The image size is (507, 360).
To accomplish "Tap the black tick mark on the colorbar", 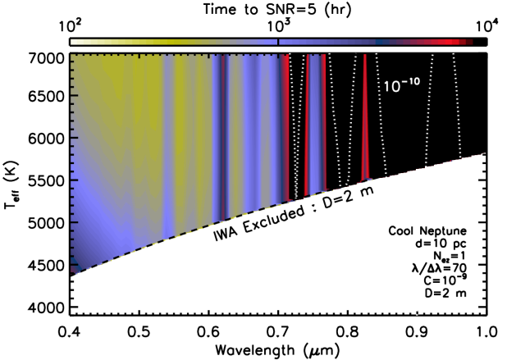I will (278, 41).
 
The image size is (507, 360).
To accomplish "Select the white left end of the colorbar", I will (75, 41).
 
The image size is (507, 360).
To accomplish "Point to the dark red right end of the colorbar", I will (469, 41).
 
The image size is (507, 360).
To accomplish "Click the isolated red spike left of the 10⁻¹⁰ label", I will (365, 115).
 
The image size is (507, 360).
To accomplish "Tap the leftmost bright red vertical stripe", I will (286, 123).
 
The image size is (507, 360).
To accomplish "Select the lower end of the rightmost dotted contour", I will (471, 312).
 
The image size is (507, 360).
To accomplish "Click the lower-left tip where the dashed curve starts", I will (73, 273).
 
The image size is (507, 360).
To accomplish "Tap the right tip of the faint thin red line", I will (484, 153).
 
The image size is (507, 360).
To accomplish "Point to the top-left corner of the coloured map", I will (72, 56).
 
